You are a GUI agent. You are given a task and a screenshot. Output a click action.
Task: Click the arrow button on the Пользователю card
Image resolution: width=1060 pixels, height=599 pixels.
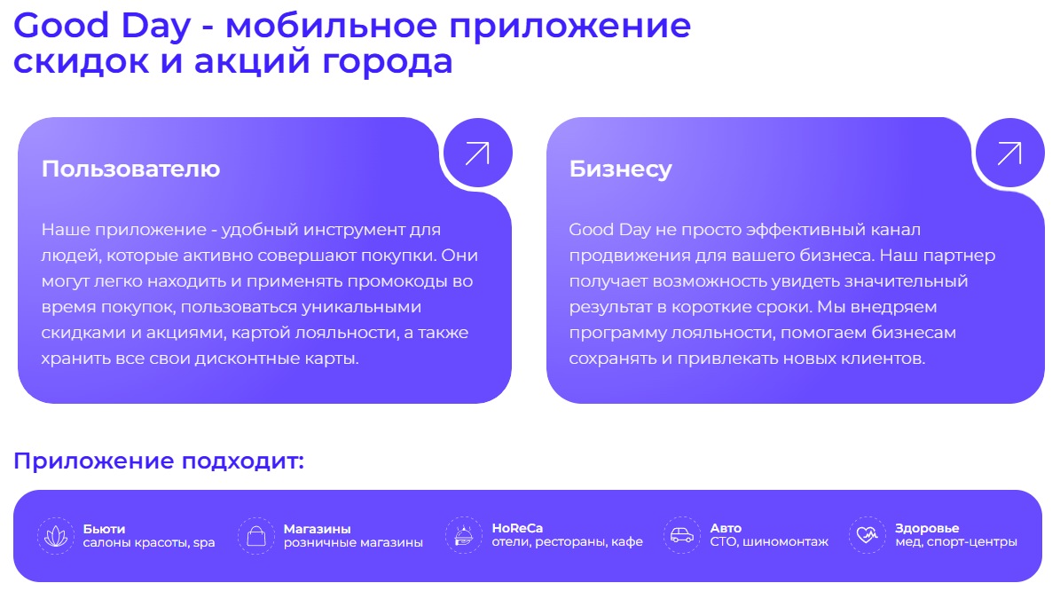click(x=477, y=153)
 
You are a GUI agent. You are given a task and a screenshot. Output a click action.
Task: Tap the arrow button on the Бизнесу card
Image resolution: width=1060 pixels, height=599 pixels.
click(x=1009, y=153)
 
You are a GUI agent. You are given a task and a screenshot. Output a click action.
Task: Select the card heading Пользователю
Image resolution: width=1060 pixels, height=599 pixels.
click(x=130, y=169)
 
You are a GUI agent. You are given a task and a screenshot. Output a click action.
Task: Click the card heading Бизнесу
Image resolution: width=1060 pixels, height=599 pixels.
click(x=620, y=169)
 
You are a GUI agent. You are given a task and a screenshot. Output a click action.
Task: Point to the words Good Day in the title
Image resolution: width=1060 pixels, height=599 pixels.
click(x=102, y=26)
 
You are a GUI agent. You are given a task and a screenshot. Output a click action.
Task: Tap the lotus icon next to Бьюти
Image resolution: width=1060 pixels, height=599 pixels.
click(x=56, y=536)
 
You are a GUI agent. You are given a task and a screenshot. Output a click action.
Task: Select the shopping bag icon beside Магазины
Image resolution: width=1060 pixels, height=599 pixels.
click(x=255, y=536)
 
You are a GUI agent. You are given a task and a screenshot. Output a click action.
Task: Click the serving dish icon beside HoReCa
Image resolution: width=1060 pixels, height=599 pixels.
click(x=463, y=536)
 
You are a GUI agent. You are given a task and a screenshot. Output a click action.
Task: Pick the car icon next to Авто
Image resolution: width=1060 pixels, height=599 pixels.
click(x=681, y=536)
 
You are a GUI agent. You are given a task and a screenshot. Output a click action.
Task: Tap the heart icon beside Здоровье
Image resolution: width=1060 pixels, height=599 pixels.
click(x=867, y=536)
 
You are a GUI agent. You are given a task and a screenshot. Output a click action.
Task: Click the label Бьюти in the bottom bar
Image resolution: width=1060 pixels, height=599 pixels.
click(x=104, y=529)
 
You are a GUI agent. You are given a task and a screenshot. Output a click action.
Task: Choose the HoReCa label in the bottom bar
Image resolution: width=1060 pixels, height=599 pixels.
click(x=517, y=529)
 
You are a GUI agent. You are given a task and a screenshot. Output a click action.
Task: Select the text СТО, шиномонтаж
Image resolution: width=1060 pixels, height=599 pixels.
click(x=769, y=542)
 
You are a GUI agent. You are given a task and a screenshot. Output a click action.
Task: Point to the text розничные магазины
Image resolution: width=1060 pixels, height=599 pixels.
click(x=353, y=542)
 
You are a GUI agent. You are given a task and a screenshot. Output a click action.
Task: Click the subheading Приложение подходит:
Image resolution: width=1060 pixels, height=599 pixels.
click(x=159, y=461)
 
